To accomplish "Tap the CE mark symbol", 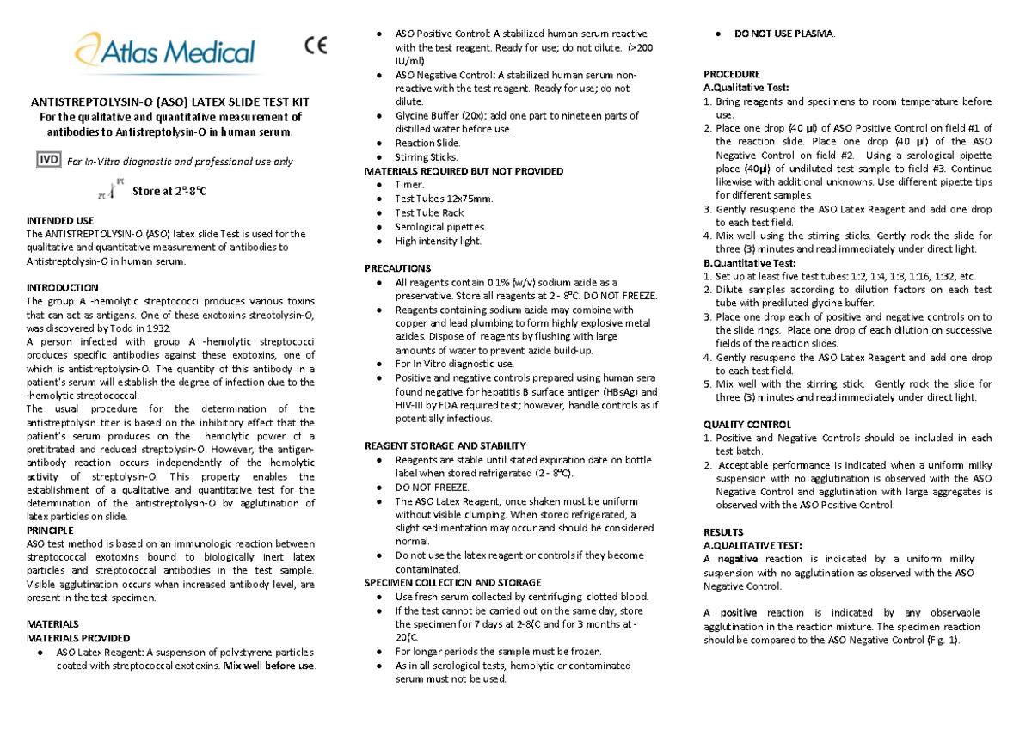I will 316,46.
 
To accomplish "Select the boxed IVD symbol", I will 47,160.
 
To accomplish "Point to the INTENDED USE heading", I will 60,221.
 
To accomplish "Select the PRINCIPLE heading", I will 50,531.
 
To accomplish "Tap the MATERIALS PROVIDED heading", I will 78,638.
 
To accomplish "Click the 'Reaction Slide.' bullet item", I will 427,143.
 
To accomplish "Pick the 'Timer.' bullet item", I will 409,185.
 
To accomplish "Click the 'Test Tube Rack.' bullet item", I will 429,212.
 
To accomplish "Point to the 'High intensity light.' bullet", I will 439,241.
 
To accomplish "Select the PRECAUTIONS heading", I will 397,268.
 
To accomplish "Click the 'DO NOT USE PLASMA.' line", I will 783,34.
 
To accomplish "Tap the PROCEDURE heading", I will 732,74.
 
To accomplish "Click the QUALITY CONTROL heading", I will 747,425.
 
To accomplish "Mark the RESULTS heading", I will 723,532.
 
